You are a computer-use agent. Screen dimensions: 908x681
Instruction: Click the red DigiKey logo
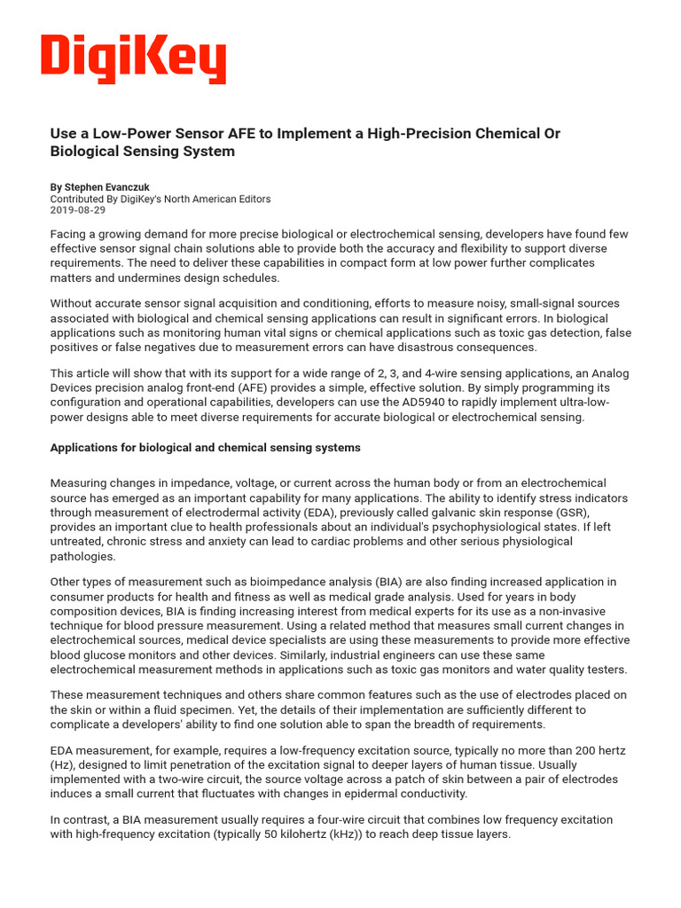point(134,59)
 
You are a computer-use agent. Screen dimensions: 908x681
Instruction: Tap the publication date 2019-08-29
point(78,211)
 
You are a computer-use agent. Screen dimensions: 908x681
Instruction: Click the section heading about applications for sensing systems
point(205,448)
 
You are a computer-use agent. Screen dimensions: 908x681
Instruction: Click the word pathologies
point(83,556)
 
